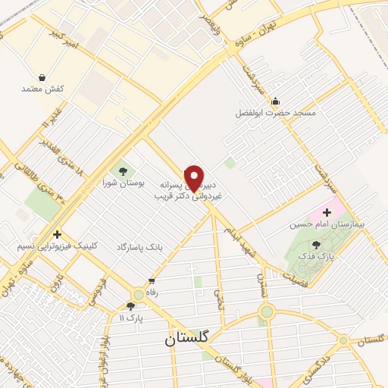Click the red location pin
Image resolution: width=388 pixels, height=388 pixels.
tap(194, 177)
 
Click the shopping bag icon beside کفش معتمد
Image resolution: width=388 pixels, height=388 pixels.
tap(41, 77)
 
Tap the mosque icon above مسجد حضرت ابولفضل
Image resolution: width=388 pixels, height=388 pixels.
tap(274, 102)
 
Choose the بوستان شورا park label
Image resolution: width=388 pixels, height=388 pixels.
tap(122, 183)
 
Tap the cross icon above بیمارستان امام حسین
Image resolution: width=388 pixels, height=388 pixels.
tap(327, 212)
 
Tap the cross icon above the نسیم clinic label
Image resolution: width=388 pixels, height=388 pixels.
tap(57, 235)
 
